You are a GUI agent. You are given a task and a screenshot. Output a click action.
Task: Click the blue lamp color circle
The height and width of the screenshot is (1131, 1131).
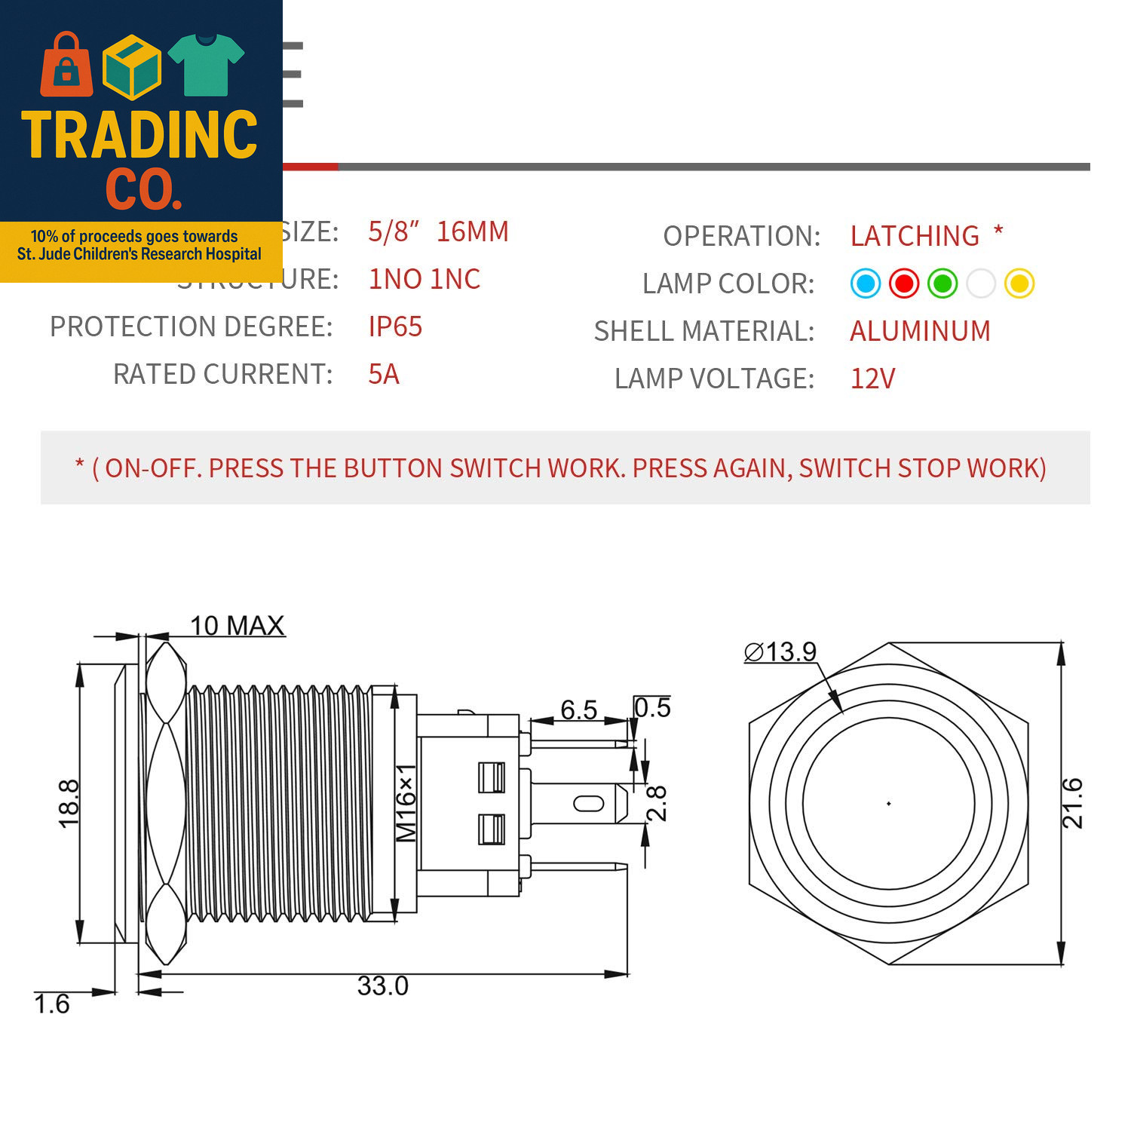tap(865, 284)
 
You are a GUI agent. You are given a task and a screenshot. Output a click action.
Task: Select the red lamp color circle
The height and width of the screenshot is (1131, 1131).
tap(903, 284)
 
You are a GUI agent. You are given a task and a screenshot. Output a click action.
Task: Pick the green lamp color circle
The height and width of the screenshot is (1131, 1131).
tap(942, 284)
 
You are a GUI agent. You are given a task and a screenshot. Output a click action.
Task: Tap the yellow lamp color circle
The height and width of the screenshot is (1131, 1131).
tap(1019, 284)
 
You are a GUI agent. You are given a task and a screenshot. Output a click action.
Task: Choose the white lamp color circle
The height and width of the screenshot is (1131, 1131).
tap(981, 284)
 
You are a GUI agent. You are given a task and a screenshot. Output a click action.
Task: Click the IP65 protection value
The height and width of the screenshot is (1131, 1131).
tap(395, 326)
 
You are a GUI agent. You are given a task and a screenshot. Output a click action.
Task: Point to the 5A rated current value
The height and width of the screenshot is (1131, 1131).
tap(384, 374)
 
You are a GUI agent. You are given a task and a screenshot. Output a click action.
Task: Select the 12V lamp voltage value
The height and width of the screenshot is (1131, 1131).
tap(872, 379)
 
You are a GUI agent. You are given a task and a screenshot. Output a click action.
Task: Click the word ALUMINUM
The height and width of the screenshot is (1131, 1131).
tap(920, 331)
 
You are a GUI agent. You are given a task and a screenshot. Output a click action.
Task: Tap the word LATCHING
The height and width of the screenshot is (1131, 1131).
tap(915, 236)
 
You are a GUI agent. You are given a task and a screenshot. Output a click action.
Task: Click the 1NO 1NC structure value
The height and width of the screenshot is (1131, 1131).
tap(424, 279)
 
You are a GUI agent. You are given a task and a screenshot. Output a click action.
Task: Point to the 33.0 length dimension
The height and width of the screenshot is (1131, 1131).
tap(383, 986)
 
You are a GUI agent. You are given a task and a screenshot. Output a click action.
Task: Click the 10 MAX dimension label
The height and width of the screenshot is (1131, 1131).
tap(237, 626)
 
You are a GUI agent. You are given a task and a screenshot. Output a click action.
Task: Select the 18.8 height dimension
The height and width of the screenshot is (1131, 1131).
tap(69, 804)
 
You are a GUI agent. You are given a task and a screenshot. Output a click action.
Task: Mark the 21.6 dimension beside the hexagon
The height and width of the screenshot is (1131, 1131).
tap(1072, 804)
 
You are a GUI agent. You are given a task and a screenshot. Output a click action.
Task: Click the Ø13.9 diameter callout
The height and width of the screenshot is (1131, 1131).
tap(780, 651)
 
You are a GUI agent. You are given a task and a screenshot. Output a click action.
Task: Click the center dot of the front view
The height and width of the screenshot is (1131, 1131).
tap(889, 804)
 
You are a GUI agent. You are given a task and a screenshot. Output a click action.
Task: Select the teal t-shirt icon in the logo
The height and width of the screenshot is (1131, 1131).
tap(206, 65)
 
